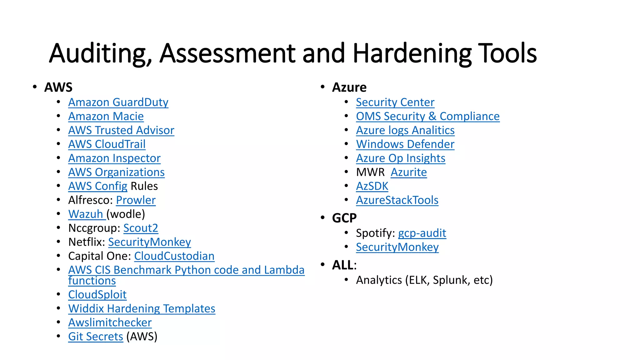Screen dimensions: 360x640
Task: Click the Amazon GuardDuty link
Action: pos(118,102)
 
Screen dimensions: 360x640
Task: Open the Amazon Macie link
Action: pos(106,117)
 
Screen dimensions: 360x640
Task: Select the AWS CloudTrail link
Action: pos(107,144)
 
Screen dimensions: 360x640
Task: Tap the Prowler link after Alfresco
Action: pos(136,200)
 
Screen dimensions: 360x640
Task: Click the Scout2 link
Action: pos(141,228)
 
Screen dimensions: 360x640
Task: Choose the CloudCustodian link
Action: pos(174,256)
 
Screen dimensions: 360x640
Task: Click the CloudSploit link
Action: pos(97,295)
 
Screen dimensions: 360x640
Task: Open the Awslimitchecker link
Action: pos(110,322)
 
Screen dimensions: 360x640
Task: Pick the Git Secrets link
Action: pos(96,337)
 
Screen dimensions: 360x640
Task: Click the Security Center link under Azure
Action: pos(395,102)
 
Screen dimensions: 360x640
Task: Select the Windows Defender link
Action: pos(405,144)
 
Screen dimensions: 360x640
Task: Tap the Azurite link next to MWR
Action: pos(408,172)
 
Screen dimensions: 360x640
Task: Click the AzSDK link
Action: pos(372,186)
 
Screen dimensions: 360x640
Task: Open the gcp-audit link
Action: pos(422,233)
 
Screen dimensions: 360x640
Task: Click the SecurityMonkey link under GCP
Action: pos(397,247)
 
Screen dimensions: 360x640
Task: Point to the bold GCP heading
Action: pos(344,218)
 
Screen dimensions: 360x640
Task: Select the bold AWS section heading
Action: pos(58,87)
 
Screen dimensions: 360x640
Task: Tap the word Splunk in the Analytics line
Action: pos(451,280)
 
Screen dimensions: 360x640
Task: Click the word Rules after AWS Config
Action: pos(144,186)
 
